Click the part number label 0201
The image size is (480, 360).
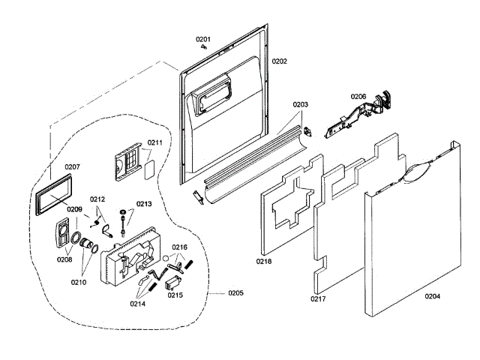pos(203,39)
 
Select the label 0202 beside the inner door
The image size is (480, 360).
pos(279,60)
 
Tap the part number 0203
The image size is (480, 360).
pos(300,105)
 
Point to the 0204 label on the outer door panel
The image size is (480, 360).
pos(433,296)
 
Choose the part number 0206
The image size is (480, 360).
pos(358,96)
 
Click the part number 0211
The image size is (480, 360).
pos(154,142)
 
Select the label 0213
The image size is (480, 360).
pos(143,203)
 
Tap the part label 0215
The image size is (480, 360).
pos(175,295)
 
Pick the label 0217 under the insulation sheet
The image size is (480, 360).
pos(318,299)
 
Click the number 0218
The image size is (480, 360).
pos(263,262)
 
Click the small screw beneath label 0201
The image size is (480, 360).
pos(205,46)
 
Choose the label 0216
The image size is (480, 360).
pos(180,247)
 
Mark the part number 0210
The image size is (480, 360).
pos(79,282)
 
